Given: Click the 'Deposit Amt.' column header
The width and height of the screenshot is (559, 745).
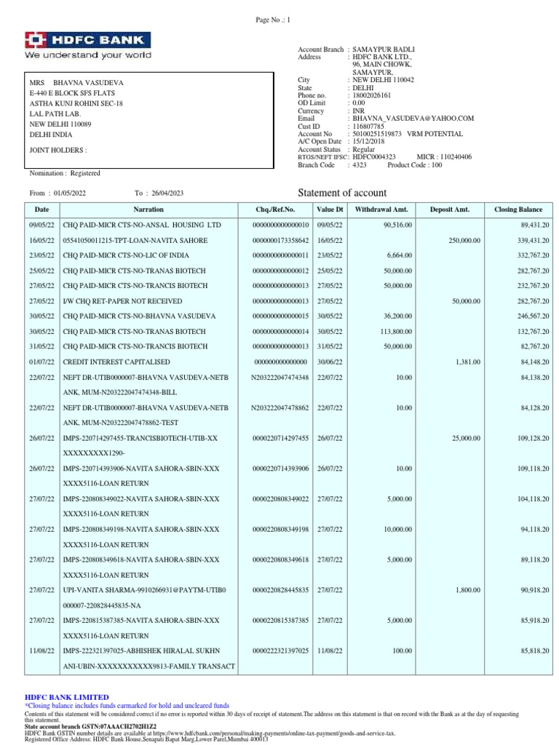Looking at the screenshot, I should click(450, 209).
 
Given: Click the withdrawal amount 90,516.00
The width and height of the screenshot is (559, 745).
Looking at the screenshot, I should click(397, 225).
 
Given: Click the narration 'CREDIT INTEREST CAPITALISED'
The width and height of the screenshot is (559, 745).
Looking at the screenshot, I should click(116, 362).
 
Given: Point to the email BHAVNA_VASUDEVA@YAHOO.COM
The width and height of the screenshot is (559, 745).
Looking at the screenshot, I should click(413, 118).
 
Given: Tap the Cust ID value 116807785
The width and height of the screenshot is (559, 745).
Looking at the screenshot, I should click(369, 126).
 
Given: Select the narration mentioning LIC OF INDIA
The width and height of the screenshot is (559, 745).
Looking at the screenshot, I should click(126, 255).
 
